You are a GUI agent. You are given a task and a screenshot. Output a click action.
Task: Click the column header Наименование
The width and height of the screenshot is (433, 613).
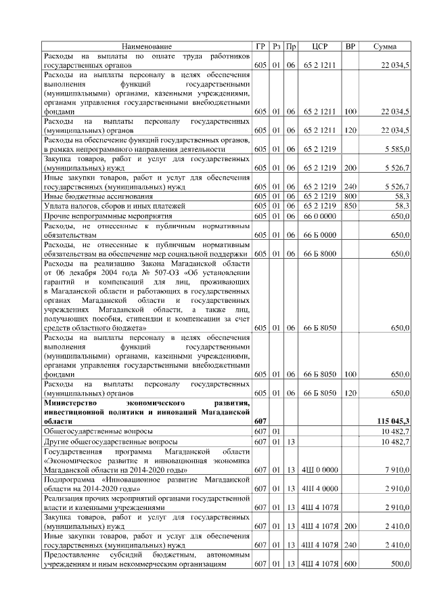[147, 46]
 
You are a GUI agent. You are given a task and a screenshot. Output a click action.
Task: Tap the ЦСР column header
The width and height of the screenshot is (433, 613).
[320, 46]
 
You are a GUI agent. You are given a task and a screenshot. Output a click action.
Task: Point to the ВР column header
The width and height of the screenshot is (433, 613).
[350, 46]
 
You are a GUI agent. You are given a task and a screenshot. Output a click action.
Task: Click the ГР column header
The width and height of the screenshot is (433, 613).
[260, 46]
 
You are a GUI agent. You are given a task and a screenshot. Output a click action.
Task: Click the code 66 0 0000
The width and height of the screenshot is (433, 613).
[320, 215]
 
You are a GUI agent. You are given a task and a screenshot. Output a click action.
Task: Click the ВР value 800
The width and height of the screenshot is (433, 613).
[350, 195]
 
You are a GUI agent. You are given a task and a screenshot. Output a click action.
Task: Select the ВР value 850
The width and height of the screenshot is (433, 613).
[350, 205]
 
